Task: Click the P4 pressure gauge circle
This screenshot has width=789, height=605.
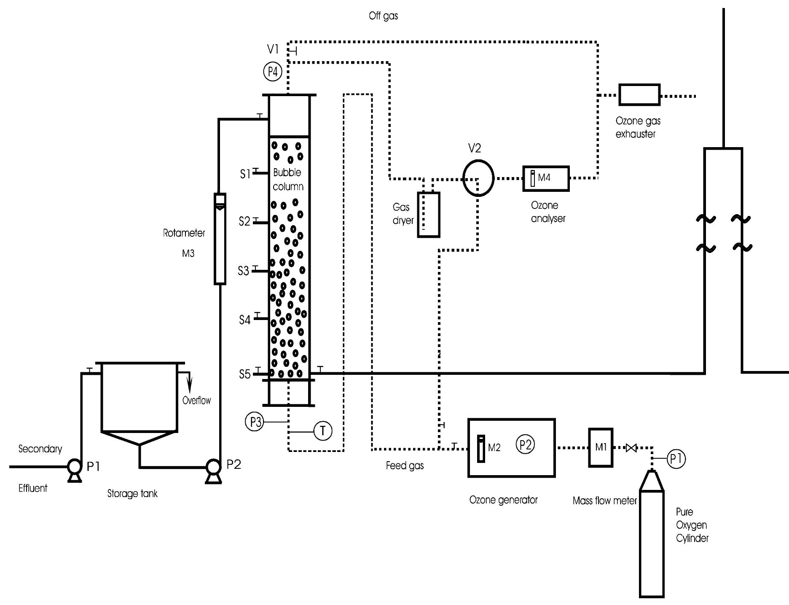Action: click(x=273, y=72)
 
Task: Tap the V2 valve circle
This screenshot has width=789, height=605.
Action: click(x=478, y=178)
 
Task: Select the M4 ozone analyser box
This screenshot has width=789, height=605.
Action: click(x=546, y=178)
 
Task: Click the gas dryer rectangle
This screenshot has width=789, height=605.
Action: click(x=428, y=215)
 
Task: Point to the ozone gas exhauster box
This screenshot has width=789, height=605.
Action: click(x=639, y=94)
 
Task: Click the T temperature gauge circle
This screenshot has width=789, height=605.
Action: click(x=323, y=431)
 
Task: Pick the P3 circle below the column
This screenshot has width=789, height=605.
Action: click(x=254, y=422)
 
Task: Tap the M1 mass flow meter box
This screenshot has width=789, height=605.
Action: click(x=600, y=447)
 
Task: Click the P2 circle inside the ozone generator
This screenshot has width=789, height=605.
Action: click(x=525, y=444)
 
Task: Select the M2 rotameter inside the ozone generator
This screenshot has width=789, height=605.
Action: click(x=481, y=449)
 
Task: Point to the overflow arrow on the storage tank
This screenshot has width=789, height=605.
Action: click(x=189, y=382)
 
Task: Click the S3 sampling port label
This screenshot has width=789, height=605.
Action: click(x=244, y=271)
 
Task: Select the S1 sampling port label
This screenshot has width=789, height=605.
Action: click(x=245, y=174)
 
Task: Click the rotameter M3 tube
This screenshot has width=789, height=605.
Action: click(x=220, y=239)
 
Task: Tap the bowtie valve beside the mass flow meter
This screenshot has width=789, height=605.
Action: click(x=631, y=448)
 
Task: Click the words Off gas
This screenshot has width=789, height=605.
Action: click(x=383, y=16)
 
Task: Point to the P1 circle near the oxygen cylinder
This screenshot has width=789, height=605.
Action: click(x=676, y=458)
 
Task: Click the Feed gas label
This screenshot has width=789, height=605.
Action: click(x=405, y=465)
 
